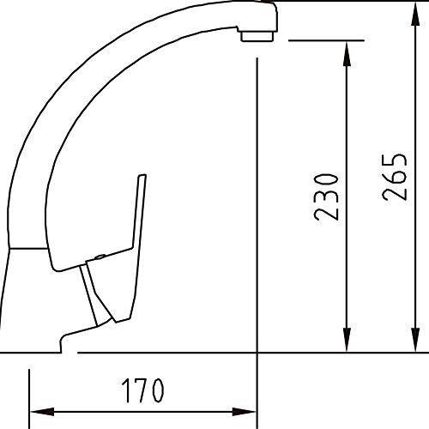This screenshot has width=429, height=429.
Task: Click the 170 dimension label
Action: click(x=142, y=390)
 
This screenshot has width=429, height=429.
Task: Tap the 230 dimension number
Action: click(x=326, y=196)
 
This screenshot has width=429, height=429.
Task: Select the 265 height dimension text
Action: click(x=395, y=177)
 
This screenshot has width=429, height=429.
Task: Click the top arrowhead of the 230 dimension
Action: click(x=347, y=54)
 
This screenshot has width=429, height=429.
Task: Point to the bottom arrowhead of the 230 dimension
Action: click(x=347, y=340)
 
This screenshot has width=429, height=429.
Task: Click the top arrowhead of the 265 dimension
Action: click(x=415, y=15)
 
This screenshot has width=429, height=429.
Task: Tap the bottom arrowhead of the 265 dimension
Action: click(x=415, y=340)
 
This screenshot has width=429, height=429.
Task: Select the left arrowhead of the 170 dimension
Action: click(x=42, y=412)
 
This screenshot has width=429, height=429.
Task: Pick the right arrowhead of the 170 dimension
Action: click(x=244, y=412)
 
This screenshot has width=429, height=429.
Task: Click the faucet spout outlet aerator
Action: click(x=257, y=36)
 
